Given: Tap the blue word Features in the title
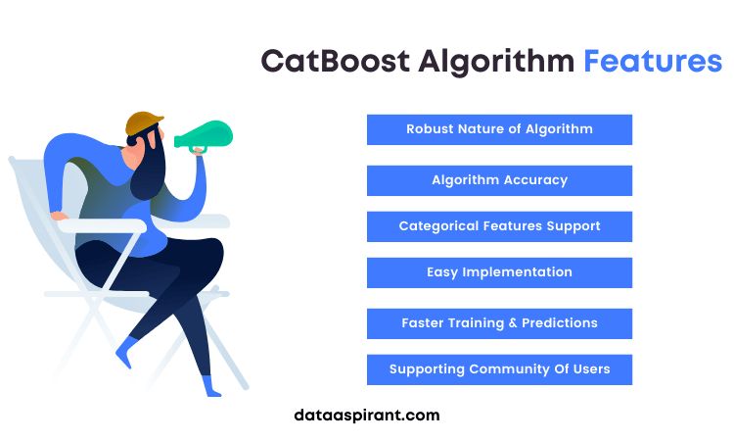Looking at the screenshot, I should click(x=653, y=61).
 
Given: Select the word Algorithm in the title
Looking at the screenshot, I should click(x=496, y=61).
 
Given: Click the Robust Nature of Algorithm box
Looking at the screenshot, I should click(x=499, y=129).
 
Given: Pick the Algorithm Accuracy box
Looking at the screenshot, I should click(x=499, y=180).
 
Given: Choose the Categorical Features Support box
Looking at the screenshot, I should click(x=499, y=226).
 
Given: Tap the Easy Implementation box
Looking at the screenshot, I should click(x=499, y=272).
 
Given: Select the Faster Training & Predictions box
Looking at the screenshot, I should click(x=499, y=323).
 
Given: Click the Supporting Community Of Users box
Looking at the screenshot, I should click(x=499, y=369).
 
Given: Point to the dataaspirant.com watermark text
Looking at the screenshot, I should click(x=367, y=415).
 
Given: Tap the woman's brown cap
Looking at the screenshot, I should click(x=144, y=123).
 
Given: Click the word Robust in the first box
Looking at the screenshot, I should click(x=429, y=129).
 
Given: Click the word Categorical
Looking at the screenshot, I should click(x=439, y=226).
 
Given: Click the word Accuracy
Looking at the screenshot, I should click(x=535, y=180).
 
